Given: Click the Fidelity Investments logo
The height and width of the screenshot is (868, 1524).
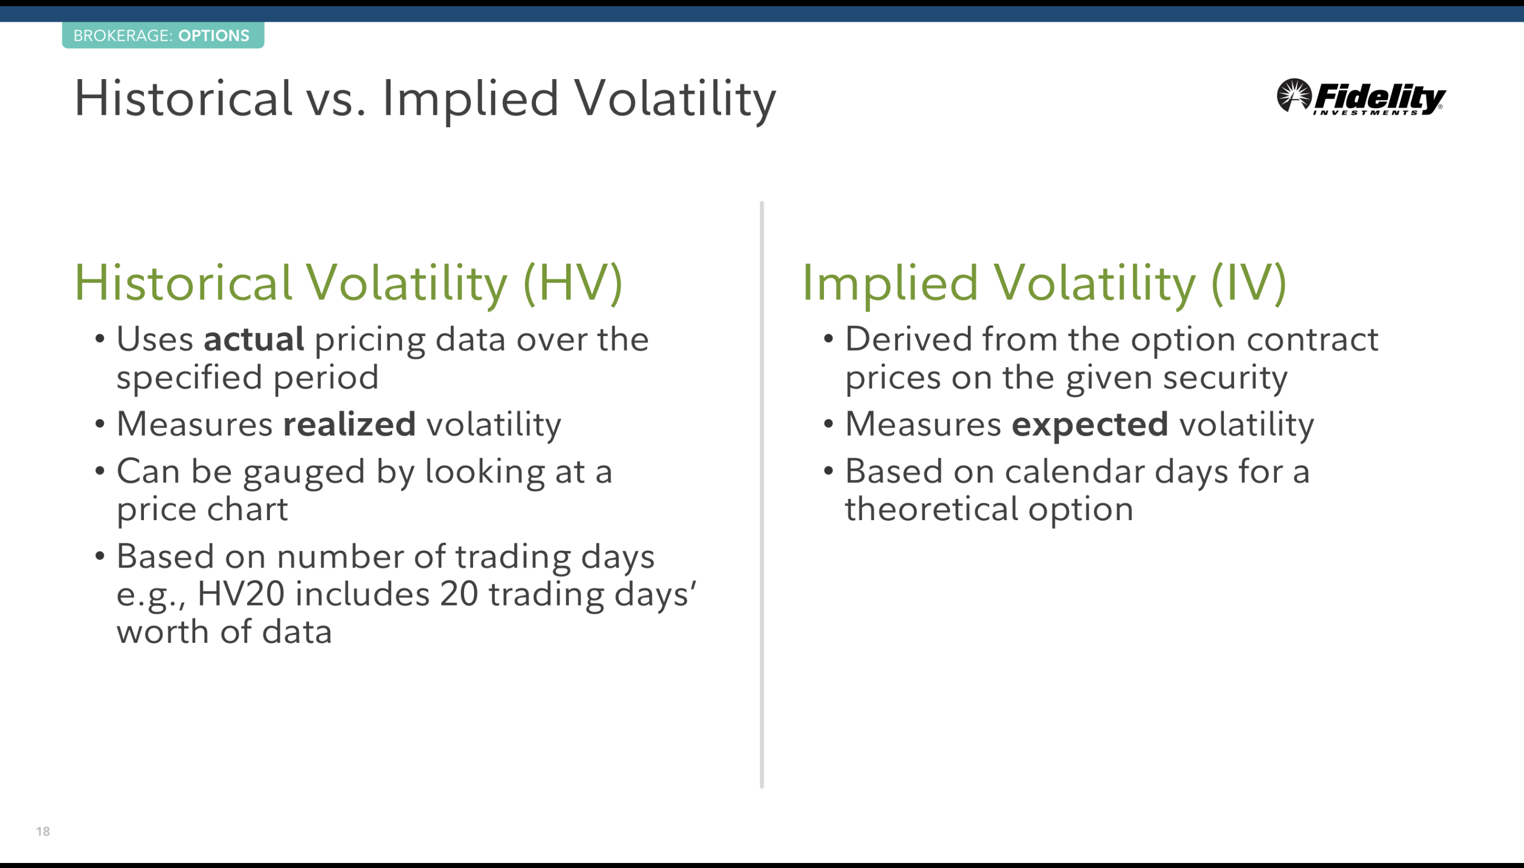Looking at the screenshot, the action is [x=1361, y=96].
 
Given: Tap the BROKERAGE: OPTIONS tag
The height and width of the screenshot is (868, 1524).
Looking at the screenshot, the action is [x=163, y=35].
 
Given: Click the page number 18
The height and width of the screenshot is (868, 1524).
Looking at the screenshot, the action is [x=43, y=831].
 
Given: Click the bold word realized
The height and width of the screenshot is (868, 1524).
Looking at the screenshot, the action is [x=349, y=424].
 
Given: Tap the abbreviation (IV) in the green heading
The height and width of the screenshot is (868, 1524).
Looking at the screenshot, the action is [x=1248, y=283].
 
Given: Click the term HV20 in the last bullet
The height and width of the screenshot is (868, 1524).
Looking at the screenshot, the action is [x=240, y=594].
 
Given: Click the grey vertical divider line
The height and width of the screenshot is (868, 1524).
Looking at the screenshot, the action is [x=761, y=495].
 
